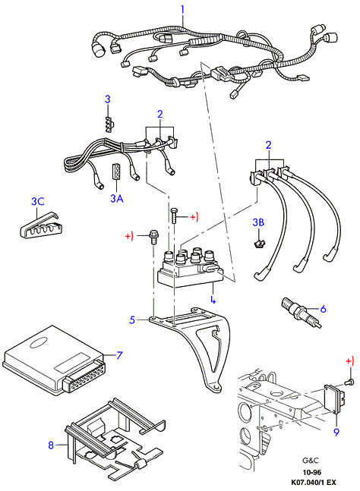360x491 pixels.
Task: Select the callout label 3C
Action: coord(38,201)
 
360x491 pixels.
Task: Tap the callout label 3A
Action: coord(116,198)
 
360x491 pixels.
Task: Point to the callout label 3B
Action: coord(258,222)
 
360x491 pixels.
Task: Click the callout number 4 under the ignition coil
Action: coord(213,299)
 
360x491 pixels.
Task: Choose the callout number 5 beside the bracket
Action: coord(323,309)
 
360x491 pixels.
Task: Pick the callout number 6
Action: coord(119,355)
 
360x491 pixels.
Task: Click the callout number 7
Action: coord(51,445)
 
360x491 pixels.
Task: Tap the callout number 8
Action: coord(336,432)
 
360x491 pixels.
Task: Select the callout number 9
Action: coord(336,432)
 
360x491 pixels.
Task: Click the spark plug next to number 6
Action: coord(300,313)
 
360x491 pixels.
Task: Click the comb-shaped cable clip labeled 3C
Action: coord(38,225)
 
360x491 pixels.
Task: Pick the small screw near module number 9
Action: coord(350,382)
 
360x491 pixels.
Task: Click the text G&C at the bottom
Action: coord(311,461)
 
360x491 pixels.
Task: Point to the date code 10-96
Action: coord(311,472)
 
